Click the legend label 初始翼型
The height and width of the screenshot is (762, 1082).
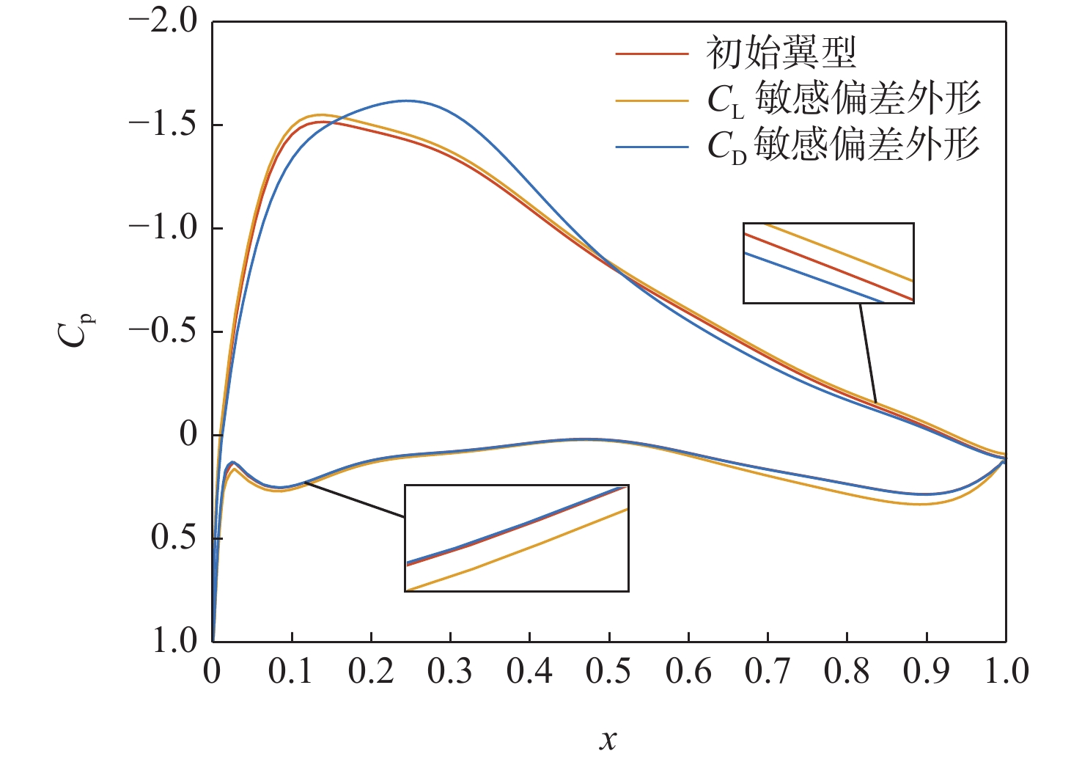781,53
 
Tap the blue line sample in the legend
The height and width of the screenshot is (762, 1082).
652,147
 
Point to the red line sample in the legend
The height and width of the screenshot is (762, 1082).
652,54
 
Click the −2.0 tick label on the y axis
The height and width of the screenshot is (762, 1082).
163,22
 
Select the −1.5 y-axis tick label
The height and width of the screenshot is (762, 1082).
163,125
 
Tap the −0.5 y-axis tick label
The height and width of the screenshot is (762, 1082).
163,331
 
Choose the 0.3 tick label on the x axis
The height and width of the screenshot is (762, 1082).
449,672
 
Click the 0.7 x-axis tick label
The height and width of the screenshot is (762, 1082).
768,672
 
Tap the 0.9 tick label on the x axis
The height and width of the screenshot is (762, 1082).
926,672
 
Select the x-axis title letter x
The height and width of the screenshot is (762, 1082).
608,740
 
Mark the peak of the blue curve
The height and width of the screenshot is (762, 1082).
405,100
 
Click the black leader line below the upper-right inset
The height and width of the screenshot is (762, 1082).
867,352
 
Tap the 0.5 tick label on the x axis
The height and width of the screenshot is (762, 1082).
608,672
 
